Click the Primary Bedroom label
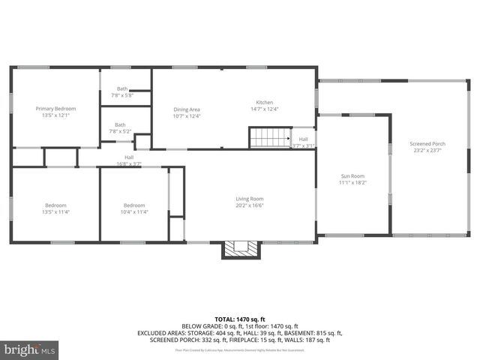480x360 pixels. [x=55, y=109]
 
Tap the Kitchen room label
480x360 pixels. [x=265, y=102]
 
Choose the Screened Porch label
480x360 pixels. [x=427, y=143]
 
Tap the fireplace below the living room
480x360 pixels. [x=241, y=247]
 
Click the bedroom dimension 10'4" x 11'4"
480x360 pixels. [x=134, y=211]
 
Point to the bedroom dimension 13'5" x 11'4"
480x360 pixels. [x=55, y=211]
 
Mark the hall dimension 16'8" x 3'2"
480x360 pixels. [x=129, y=163]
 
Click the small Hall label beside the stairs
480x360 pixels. [x=303, y=139]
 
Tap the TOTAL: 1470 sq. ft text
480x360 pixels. [x=239, y=319]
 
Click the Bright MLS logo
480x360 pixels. [x=30, y=349]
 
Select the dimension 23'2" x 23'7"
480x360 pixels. [x=427, y=150]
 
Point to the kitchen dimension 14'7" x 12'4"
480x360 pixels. [x=265, y=109]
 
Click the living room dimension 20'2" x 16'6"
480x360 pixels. [x=250, y=205]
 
